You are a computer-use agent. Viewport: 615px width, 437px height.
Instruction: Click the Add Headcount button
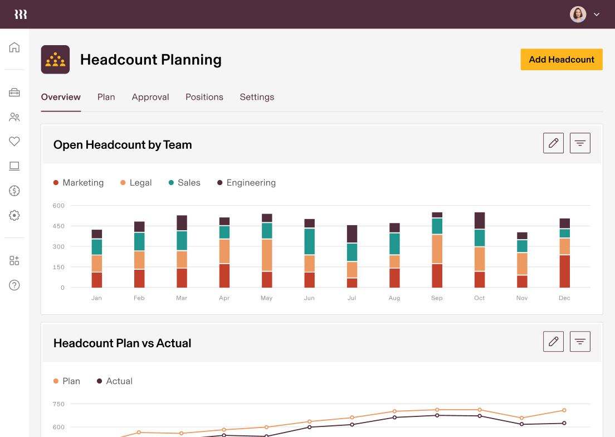(x=562, y=60)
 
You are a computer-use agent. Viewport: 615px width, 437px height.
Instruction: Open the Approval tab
(x=150, y=97)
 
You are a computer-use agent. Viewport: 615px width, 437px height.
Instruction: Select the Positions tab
(x=204, y=97)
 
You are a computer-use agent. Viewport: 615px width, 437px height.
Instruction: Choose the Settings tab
(x=257, y=97)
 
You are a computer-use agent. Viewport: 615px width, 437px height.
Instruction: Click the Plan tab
(x=106, y=97)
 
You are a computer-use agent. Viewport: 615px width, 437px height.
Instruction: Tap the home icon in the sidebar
(x=14, y=47)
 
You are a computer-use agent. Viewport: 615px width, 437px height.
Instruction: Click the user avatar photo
(x=578, y=14)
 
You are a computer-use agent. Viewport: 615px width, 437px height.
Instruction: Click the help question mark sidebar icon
(x=14, y=285)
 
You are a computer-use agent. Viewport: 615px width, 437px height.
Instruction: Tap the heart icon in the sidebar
(x=14, y=142)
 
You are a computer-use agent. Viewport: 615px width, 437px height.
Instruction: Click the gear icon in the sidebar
(x=14, y=215)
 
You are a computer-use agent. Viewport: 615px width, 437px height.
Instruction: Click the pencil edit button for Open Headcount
(x=553, y=143)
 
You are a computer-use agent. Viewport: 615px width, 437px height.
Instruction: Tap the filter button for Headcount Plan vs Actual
(x=580, y=342)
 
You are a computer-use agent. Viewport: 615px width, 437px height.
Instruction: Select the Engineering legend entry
(x=246, y=183)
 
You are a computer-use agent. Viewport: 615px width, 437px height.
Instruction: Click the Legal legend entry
(x=136, y=183)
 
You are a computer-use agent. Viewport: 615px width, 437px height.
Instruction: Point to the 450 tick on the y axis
(x=59, y=226)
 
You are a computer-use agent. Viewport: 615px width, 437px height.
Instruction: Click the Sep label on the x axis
(x=437, y=298)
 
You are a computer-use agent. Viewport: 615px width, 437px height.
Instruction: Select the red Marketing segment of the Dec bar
(x=564, y=271)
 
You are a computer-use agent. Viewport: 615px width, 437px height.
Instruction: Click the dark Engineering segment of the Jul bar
(x=352, y=234)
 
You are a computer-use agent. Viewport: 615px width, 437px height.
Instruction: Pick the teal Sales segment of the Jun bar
(x=309, y=241)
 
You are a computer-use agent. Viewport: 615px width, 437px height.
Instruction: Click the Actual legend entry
(x=115, y=381)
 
